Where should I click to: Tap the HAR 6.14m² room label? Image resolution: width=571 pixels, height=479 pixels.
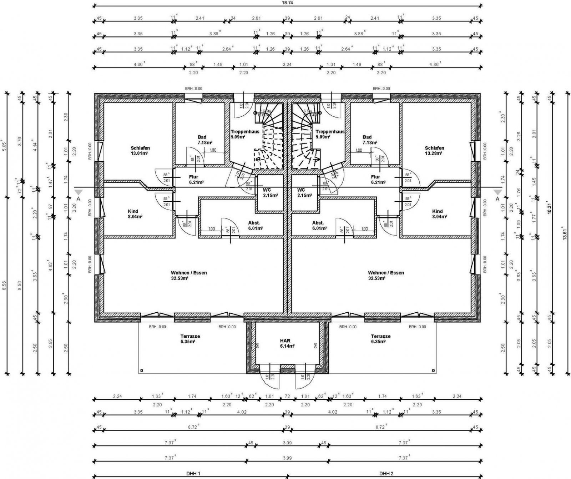click(x=287, y=343)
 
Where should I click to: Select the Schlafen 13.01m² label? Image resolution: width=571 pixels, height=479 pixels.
click(x=140, y=151)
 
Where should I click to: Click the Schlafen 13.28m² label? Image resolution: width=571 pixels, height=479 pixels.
click(x=434, y=151)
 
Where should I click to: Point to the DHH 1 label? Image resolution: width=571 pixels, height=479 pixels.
click(x=193, y=473)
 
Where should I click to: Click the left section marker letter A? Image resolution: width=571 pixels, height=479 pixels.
click(x=78, y=199)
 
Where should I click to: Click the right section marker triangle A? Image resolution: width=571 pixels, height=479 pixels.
click(x=497, y=193)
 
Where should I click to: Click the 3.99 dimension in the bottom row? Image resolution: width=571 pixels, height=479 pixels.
click(x=287, y=458)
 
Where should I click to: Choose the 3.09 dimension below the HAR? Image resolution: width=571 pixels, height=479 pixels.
click(x=287, y=443)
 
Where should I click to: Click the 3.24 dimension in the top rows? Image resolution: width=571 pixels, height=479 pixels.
click(x=287, y=65)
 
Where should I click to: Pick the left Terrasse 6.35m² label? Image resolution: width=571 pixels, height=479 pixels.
click(x=190, y=339)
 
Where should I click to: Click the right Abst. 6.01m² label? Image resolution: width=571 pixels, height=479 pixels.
click(x=318, y=225)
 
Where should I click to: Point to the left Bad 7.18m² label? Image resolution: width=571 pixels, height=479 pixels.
click(x=202, y=140)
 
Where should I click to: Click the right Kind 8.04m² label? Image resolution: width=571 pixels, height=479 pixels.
click(x=437, y=214)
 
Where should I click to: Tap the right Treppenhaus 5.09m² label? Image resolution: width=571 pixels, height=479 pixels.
click(x=330, y=134)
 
